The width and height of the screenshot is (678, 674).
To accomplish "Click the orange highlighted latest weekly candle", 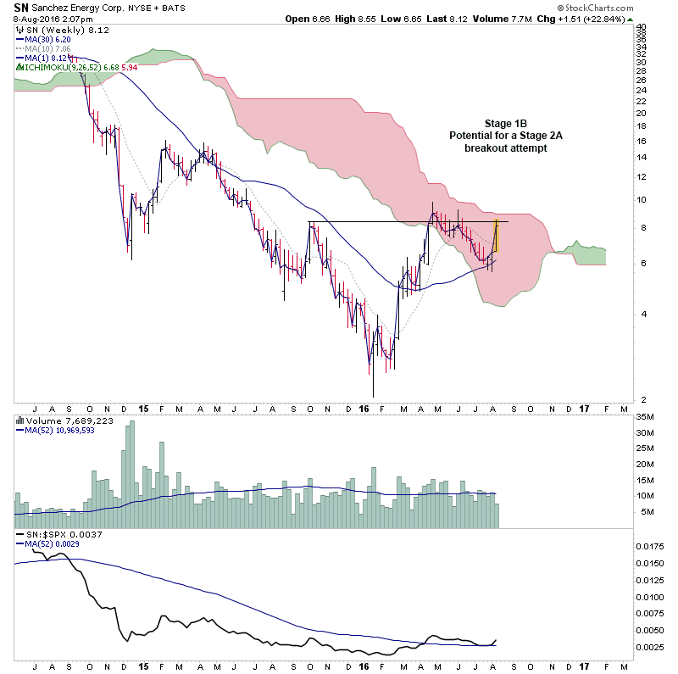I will click(496, 235).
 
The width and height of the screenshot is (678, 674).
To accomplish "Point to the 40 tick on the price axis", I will click(642, 28).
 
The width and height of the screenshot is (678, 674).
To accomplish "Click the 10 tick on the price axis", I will click(642, 200).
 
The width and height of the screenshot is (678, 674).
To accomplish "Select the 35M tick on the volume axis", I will click(645, 417).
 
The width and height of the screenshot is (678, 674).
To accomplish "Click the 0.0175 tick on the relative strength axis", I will click(650, 547).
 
